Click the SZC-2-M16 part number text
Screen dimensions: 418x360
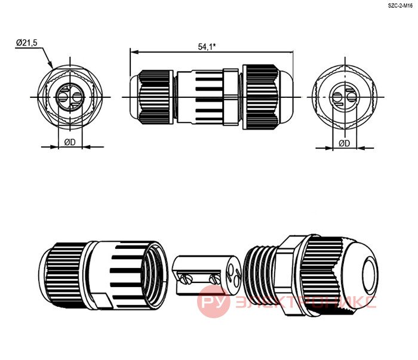click(400, 6)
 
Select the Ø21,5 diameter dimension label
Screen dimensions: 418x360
click(27, 42)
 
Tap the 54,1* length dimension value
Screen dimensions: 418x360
click(207, 47)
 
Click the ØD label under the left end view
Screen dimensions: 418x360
click(70, 142)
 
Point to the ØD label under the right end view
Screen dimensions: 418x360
click(344, 143)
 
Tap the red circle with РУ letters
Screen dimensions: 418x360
click(214, 301)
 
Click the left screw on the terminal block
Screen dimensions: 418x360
click(186, 279)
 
